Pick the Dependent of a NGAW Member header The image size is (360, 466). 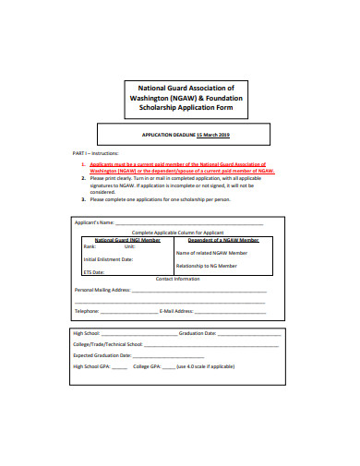click(x=222, y=239)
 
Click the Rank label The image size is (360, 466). click(x=90, y=246)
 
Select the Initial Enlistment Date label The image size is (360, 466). click(x=108, y=259)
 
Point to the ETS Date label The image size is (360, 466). click(x=94, y=272)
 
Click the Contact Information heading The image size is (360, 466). click(x=179, y=279)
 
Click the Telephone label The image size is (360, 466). click(x=87, y=311)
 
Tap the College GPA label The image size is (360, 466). click(x=148, y=366)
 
